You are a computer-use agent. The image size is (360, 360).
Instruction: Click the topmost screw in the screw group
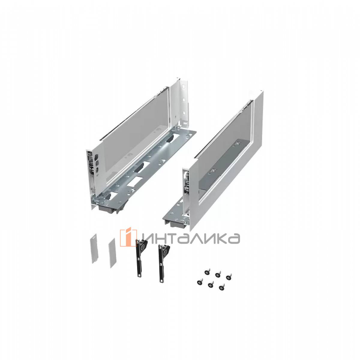207,272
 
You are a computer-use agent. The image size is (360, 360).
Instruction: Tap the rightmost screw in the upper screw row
228,277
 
